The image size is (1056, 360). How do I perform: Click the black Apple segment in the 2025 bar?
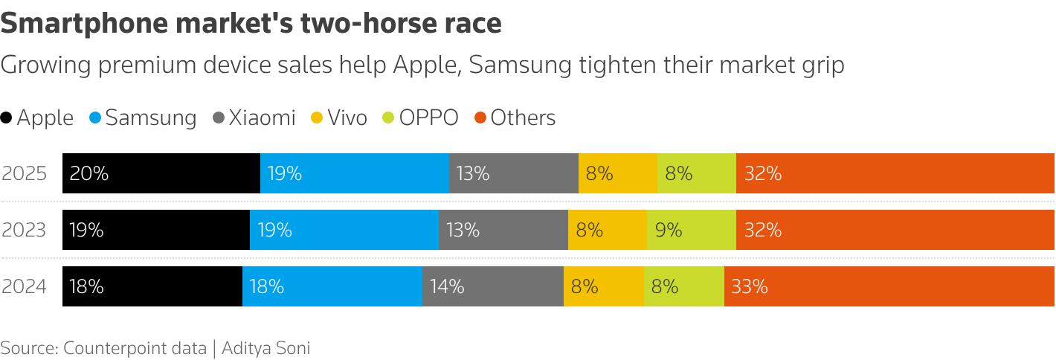161,173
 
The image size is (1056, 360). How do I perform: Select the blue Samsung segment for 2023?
344,230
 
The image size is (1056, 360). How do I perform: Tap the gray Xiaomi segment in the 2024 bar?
493,286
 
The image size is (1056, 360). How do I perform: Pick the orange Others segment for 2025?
895,173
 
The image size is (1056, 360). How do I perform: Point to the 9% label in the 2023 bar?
669,231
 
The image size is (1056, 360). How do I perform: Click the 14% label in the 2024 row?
447,287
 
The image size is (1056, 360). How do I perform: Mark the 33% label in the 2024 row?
750,287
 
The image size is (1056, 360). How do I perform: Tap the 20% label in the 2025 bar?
89,173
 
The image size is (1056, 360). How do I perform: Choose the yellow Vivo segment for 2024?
604,286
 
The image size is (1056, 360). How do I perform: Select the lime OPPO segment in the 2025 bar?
697,173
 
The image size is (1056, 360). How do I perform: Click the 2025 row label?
24,173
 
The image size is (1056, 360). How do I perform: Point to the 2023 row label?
24,231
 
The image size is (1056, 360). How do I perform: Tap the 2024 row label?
24,287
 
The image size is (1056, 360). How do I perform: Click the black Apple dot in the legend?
6,118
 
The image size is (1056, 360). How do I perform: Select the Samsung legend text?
151,118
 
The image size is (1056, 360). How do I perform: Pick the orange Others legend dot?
480,118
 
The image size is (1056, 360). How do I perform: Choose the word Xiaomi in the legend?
262,118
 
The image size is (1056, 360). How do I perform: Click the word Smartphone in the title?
84,24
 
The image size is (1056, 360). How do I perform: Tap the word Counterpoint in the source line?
135,348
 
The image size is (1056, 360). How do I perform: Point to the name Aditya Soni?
266,348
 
